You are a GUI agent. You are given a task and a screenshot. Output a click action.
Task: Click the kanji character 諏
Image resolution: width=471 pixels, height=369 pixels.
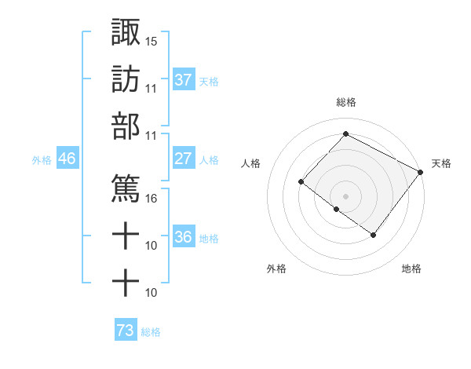tap(126, 32)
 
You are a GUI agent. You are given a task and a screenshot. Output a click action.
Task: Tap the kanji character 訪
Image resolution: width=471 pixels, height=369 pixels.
tap(126, 79)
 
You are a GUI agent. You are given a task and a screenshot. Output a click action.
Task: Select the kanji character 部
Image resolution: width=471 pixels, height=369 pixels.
tap(126, 126)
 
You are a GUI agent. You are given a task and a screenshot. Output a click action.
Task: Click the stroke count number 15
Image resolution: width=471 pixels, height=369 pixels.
tap(152, 40)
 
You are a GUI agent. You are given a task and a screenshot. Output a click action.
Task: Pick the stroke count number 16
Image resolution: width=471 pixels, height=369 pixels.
tap(152, 198)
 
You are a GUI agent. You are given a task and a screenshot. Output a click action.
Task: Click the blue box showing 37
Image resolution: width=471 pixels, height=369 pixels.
tap(184, 79)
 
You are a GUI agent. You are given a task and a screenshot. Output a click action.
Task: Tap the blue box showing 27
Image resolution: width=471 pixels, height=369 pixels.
tap(184, 159)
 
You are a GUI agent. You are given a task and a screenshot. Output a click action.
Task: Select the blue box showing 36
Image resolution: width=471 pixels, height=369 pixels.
tap(184, 237)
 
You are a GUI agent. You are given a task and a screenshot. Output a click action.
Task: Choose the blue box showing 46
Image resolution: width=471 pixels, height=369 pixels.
tap(68, 159)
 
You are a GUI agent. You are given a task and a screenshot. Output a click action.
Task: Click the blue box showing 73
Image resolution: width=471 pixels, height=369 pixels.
tap(126, 331)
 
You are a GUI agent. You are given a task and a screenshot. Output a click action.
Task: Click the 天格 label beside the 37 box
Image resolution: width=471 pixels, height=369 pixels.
tap(209, 81)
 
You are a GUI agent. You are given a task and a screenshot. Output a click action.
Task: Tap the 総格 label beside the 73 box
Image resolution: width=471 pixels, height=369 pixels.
tap(151, 333)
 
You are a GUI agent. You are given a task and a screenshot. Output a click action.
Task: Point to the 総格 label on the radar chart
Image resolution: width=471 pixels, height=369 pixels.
tap(346, 102)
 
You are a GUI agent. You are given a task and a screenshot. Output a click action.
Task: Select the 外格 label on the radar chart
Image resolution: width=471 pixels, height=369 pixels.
tap(276, 269)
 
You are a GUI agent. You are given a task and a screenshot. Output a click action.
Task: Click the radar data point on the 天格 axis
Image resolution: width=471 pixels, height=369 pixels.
tap(421, 173)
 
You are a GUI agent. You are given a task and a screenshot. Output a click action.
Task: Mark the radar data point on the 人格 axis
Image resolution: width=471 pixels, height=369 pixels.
tap(301, 182)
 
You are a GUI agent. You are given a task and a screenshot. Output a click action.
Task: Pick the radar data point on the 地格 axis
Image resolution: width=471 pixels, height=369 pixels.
tap(374, 235)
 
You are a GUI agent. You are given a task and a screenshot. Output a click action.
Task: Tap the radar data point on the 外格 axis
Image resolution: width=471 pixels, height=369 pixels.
tap(336, 210)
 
